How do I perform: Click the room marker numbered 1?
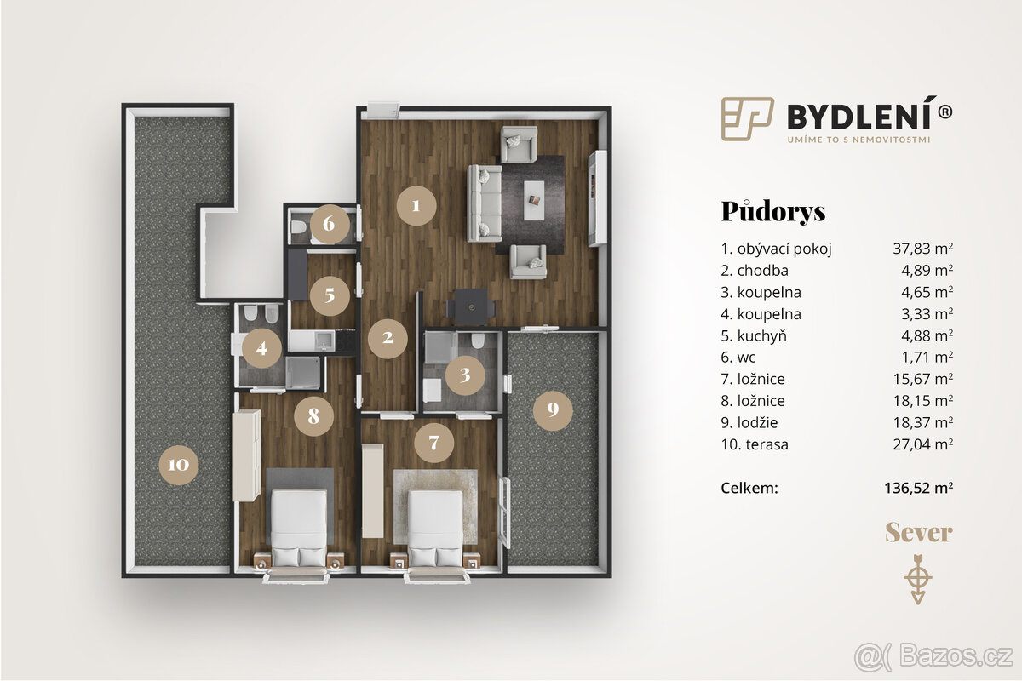point(416,205)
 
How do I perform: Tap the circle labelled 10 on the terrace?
point(179,465)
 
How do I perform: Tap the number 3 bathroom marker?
point(465,375)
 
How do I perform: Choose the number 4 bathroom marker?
point(261,347)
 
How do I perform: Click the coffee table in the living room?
point(534,200)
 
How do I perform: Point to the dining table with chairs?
point(472,306)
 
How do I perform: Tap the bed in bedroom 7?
point(435,521)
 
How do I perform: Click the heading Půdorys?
point(773,211)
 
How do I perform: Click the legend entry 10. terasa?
point(755,444)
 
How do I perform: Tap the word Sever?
point(918,534)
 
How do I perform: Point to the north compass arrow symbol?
point(917,579)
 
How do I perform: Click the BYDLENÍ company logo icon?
point(747,117)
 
